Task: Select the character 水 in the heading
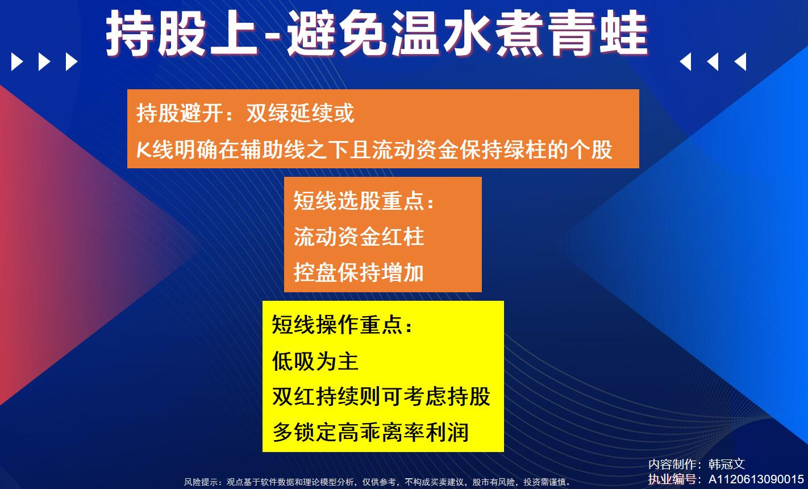pyautogui.click(x=467, y=33)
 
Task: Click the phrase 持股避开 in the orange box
pyautogui.click(x=180, y=113)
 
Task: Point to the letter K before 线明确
pyautogui.click(x=143, y=150)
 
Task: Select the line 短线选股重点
pyautogui.click(x=363, y=201)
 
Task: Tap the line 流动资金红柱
pyautogui.click(x=359, y=237)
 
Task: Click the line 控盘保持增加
pyautogui.click(x=359, y=272)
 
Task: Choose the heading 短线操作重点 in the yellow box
pyautogui.click(x=342, y=325)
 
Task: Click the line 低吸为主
pyautogui.click(x=315, y=361)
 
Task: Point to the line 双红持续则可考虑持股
pyautogui.click(x=381, y=396)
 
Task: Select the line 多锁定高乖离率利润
pyautogui.click(x=370, y=432)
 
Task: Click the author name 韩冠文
pyautogui.click(x=727, y=464)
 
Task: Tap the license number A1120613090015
pyautogui.click(x=756, y=479)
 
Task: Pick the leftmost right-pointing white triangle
pyautogui.click(x=17, y=62)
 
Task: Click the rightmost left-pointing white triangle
pyautogui.click(x=740, y=62)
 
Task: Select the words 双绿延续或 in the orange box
pyautogui.click(x=300, y=113)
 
